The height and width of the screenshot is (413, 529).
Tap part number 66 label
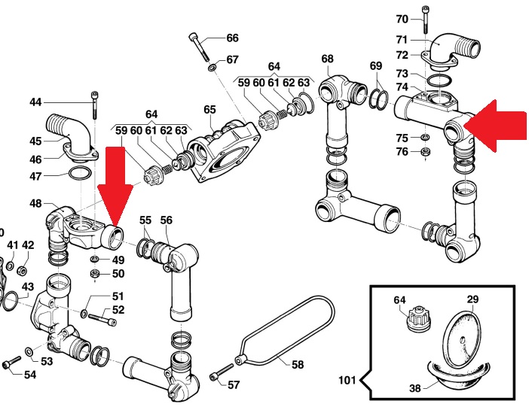231,38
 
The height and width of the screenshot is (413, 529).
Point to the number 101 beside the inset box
347,381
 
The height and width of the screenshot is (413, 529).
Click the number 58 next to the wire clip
298,364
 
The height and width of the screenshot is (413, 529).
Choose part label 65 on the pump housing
209,109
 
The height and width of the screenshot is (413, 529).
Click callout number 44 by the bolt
35,102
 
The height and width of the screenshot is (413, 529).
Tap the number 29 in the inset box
472,299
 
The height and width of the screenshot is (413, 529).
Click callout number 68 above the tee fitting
326,59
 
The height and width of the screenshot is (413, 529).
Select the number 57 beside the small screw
234,384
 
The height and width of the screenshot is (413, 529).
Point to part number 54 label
29,375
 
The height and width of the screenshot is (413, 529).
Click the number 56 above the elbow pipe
166,220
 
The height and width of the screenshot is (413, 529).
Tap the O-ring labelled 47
81,175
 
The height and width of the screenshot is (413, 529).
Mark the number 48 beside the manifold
36,203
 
